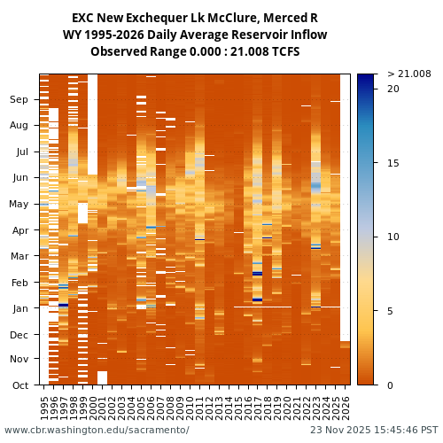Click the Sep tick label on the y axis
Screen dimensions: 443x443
(19, 100)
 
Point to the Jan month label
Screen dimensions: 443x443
(19, 308)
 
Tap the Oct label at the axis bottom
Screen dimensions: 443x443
(19, 385)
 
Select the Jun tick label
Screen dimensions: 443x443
(19, 177)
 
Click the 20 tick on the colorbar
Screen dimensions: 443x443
(392, 89)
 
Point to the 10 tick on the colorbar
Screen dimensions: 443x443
(392, 237)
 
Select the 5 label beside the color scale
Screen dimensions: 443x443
(390, 311)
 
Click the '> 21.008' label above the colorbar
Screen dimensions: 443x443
(408, 74)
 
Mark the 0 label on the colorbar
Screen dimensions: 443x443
(390, 385)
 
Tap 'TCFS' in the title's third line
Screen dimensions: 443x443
(284, 51)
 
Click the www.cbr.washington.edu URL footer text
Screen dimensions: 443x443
(97, 430)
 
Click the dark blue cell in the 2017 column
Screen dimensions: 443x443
(258, 274)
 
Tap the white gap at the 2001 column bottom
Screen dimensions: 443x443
(103, 377)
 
